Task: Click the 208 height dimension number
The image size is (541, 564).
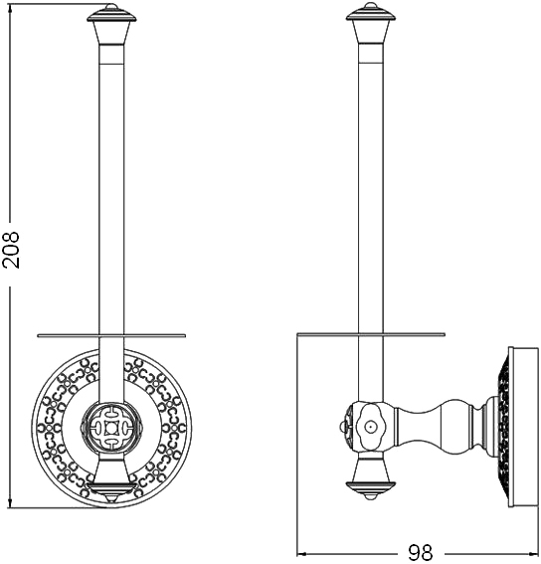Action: pos(10,250)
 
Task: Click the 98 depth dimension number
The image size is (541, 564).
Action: pos(420,552)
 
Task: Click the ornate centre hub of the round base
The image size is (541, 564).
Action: pos(111,428)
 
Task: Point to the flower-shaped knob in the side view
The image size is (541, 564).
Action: pos(370,427)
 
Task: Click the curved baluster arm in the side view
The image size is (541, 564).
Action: pos(439,427)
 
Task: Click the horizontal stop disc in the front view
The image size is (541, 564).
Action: pos(111,335)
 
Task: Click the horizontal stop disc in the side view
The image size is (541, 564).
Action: pos(371,334)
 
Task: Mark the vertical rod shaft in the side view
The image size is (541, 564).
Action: pos(371,188)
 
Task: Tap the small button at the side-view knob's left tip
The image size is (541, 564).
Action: pos(340,427)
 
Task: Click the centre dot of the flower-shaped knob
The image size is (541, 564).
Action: pos(370,427)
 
